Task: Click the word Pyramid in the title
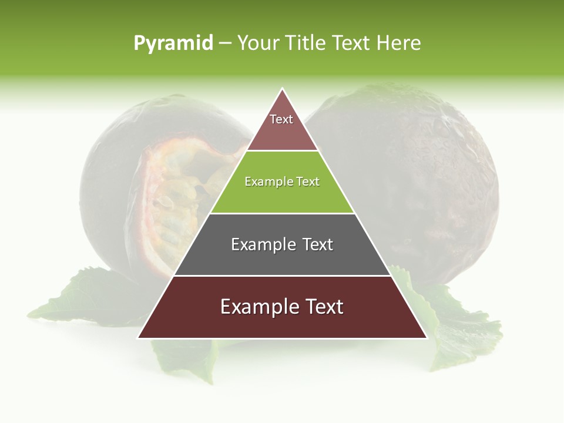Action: click(x=173, y=43)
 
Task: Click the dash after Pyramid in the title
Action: click(x=224, y=43)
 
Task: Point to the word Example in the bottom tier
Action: click(x=259, y=307)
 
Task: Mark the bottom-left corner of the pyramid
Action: click(x=139, y=338)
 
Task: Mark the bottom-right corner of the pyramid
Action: click(x=427, y=338)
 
